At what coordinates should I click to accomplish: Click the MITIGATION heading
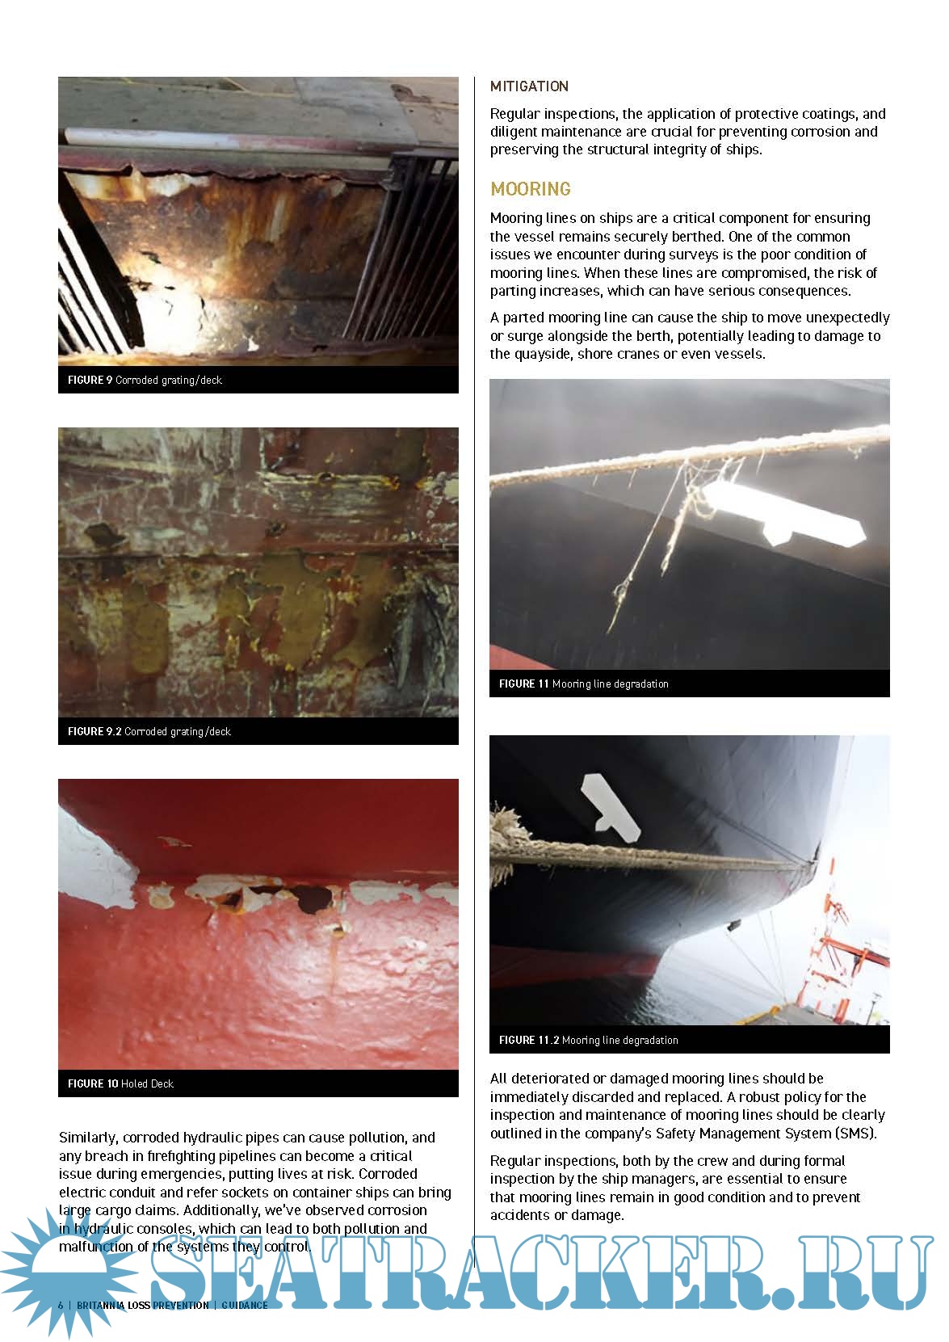tap(529, 86)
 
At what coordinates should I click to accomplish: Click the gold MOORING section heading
tap(530, 189)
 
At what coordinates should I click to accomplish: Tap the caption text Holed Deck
tap(147, 1083)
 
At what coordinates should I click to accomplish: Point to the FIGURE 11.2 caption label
tap(528, 1040)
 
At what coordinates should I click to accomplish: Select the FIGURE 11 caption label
tap(523, 684)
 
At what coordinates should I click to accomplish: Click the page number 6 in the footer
tap(61, 1305)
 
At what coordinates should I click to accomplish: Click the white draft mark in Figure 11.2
tap(607, 803)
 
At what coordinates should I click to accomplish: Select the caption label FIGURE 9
tap(85, 380)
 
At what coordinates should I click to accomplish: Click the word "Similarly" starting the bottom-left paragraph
tap(87, 1138)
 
